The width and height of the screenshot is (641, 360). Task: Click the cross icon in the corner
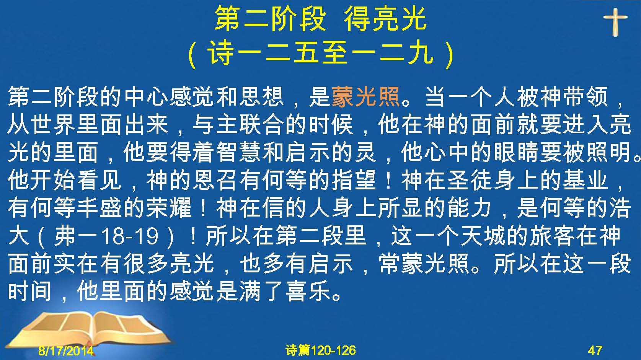coord(615,22)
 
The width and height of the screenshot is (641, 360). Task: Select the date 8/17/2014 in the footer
coord(66,350)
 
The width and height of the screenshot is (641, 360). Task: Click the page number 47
coord(595,350)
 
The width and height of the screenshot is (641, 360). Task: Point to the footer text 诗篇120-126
coord(321,350)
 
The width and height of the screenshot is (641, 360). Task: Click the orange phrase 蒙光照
coord(366,97)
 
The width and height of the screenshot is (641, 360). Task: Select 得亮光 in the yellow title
coord(385,19)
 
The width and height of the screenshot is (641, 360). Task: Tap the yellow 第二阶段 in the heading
coord(271,19)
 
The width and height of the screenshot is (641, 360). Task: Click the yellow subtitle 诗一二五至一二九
coord(321,53)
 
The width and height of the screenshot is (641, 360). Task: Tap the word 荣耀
coord(169,208)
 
